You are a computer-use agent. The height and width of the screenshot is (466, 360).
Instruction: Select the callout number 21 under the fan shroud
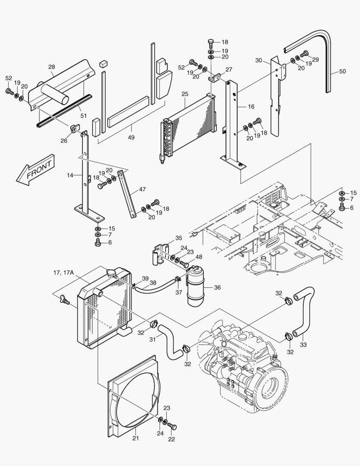click(x=136, y=439)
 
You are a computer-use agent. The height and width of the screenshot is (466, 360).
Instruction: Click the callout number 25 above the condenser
click(x=185, y=94)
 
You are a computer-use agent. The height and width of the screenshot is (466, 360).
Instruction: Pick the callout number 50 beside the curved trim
click(x=342, y=72)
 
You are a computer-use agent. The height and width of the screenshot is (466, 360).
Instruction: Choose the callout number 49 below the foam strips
click(x=131, y=138)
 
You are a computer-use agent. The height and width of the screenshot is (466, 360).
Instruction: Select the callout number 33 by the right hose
click(x=303, y=344)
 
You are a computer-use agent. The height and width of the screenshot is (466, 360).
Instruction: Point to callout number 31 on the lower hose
click(x=152, y=340)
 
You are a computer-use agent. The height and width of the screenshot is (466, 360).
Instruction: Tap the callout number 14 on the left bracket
click(x=71, y=175)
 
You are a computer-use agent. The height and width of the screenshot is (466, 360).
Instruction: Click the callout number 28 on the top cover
click(x=51, y=67)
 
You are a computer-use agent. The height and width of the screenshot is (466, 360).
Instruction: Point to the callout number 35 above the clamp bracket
click(x=178, y=238)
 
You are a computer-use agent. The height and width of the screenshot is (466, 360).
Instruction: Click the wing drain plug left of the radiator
click(x=65, y=299)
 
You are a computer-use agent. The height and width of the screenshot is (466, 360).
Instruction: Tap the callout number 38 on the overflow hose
click(x=152, y=283)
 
